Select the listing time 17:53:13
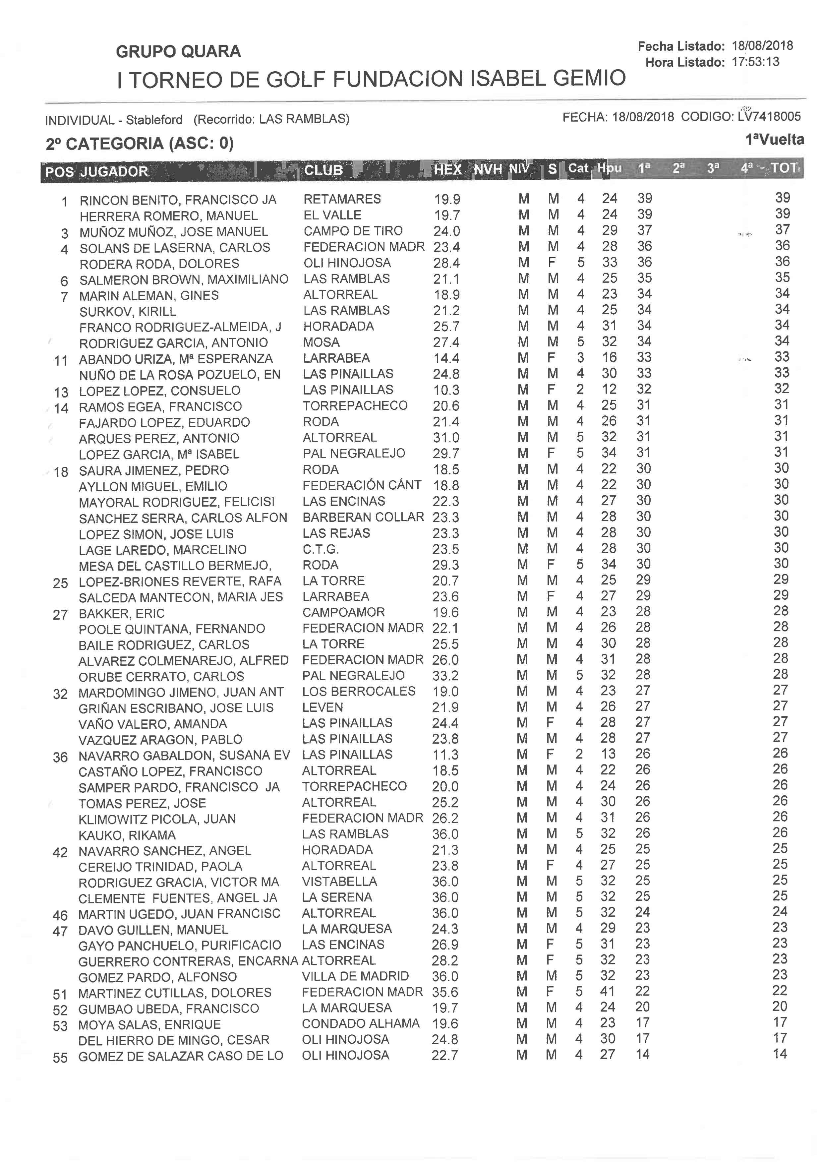(x=755, y=62)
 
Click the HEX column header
(x=447, y=170)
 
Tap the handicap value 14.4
(x=446, y=358)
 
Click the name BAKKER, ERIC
(x=122, y=614)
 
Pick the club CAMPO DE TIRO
(x=353, y=231)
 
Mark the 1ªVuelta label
(x=774, y=140)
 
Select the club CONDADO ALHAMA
(x=360, y=1023)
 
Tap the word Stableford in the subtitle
(x=154, y=120)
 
